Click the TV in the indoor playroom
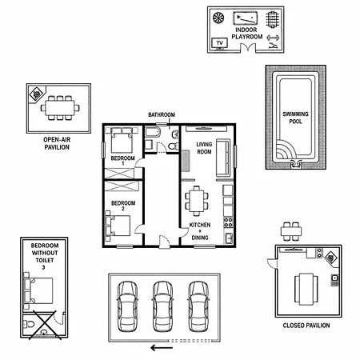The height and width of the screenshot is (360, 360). click(219, 43)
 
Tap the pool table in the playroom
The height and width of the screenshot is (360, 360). click(245, 18)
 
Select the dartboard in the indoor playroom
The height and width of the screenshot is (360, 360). click(218, 18)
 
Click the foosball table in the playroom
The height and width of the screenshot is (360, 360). click(272, 19)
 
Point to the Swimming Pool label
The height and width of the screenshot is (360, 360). click(295, 118)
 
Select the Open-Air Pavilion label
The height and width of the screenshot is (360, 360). click(57, 143)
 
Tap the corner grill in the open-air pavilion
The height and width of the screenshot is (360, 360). click(36, 94)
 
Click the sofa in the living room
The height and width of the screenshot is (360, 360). click(223, 158)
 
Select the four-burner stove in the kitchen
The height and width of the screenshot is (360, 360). click(228, 222)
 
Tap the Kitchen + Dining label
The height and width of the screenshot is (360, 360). click(200, 231)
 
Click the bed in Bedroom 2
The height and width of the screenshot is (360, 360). click(118, 226)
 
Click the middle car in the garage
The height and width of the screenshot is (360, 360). click(162, 306)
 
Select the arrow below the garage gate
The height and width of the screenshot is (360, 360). click(162, 348)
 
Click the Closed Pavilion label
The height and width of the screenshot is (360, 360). click(306, 326)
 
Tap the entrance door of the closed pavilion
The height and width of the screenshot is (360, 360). click(273, 264)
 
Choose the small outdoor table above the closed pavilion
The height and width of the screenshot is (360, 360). click(291, 231)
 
